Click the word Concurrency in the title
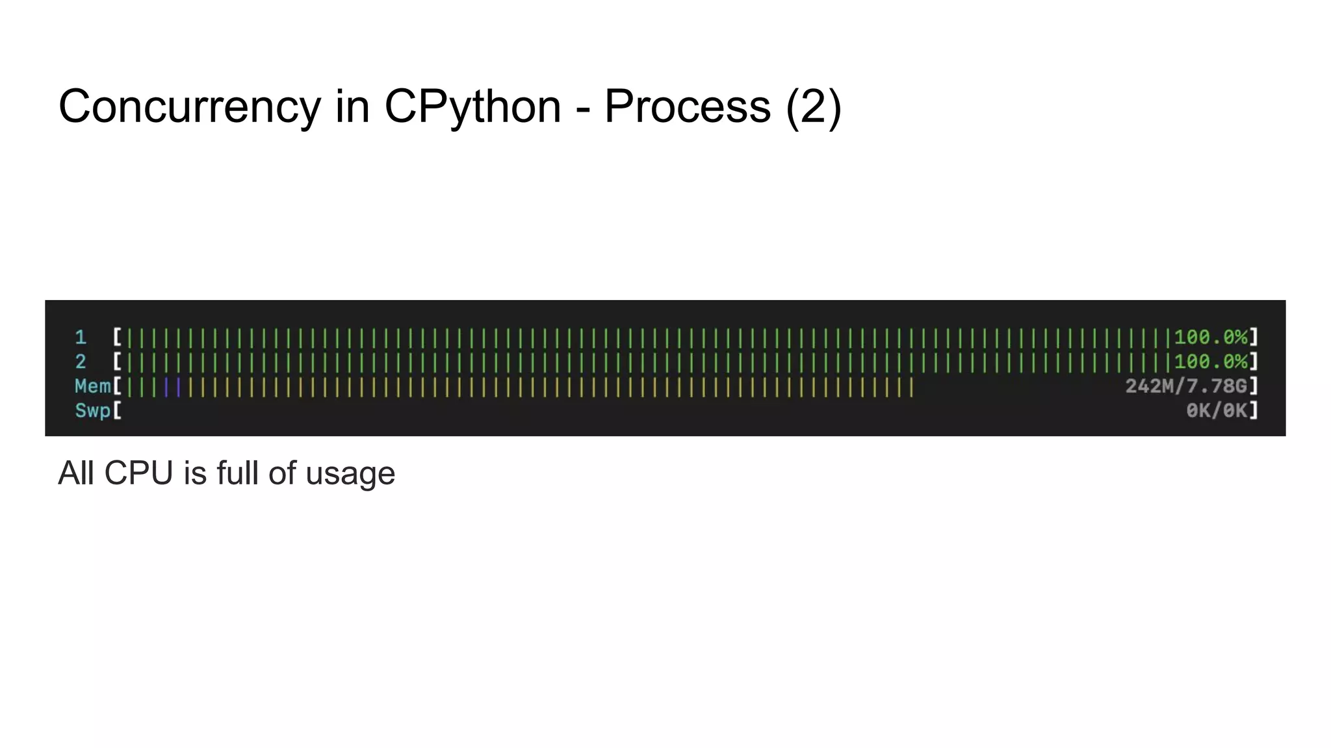(x=189, y=106)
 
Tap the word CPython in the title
(x=472, y=106)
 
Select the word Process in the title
(x=688, y=106)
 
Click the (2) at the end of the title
(x=813, y=106)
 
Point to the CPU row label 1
(x=81, y=338)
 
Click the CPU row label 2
(x=81, y=362)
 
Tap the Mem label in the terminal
(x=93, y=386)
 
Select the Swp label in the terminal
(x=93, y=411)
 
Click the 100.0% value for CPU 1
(x=1210, y=338)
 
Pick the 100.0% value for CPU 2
(x=1210, y=362)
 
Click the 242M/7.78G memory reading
(x=1186, y=386)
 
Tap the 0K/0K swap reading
(x=1216, y=411)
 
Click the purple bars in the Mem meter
(x=172, y=388)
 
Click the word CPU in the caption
(x=138, y=473)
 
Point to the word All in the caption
(x=76, y=473)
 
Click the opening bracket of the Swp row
(x=118, y=411)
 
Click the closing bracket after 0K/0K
(x=1254, y=411)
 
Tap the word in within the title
(x=352, y=106)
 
